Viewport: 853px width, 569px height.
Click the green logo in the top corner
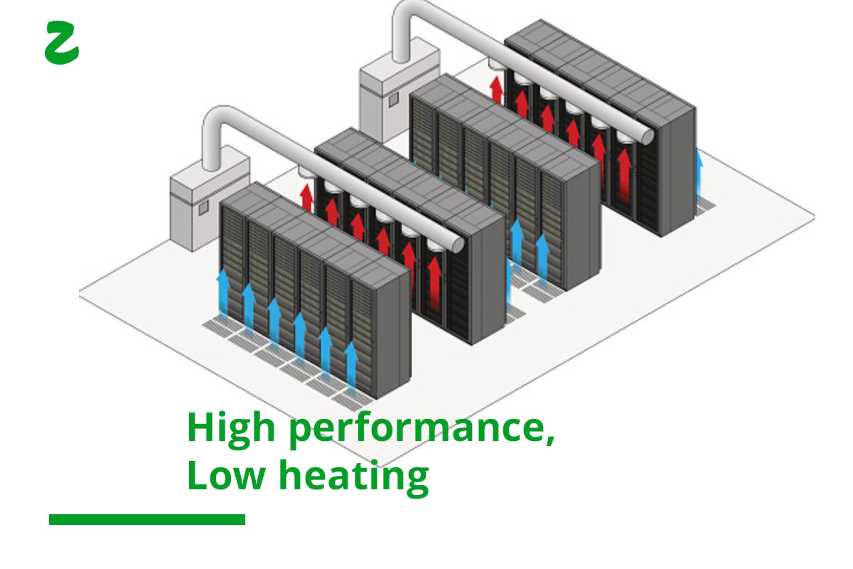click(62, 43)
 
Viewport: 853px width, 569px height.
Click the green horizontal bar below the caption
click(147, 519)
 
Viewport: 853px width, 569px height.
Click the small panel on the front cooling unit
click(203, 208)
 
